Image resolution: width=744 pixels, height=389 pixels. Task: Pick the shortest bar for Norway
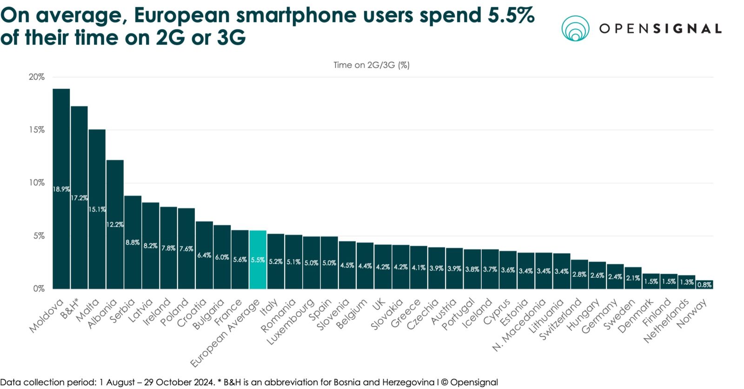pos(704,285)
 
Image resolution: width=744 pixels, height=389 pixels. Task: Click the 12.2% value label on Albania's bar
pos(115,224)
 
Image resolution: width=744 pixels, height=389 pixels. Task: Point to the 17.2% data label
pos(79,198)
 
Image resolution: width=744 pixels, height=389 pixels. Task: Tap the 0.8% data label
pos(704,285)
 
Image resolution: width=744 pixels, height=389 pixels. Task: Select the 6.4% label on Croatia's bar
pos(204,255)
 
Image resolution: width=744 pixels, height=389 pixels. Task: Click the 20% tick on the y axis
pos(37,77)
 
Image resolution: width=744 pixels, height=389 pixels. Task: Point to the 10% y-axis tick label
pos(37,182)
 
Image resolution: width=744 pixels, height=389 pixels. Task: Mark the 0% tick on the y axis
pos(39,288)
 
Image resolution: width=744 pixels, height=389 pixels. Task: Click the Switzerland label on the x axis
pos(561,319)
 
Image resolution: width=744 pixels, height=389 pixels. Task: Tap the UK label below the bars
pos(379,304)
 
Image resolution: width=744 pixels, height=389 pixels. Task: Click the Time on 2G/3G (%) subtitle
pos(371,65)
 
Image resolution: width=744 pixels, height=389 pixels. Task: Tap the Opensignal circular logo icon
pos(575,28)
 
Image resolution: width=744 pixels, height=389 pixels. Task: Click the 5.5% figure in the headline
pos(511,15)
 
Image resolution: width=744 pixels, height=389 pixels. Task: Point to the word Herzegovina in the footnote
pos(409,382)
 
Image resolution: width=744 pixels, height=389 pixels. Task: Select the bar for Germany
pos(615,276)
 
